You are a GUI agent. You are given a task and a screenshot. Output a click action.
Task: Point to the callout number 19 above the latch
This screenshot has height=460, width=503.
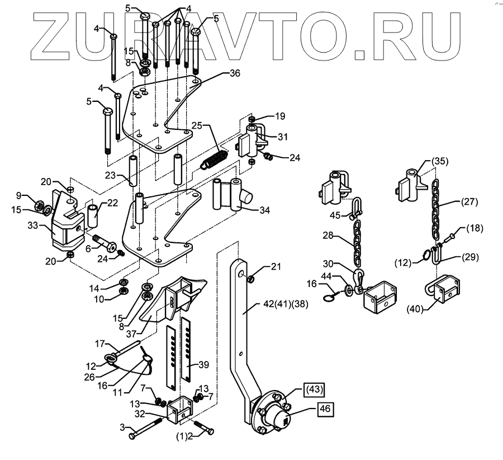pos(279,117)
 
